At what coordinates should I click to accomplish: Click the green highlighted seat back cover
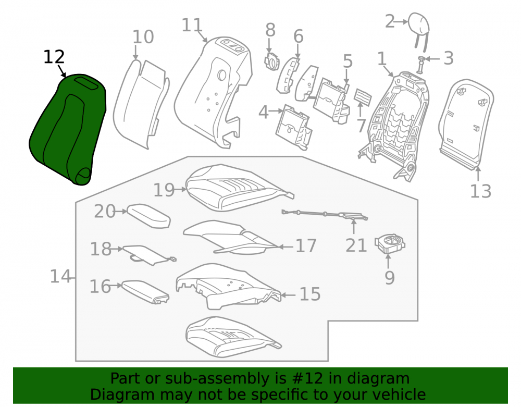(x=67, y=130)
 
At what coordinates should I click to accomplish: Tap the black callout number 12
(x=54, y=57)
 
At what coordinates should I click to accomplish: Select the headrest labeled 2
(x=419, y=30)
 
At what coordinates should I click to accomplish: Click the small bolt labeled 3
(x=421, y=64)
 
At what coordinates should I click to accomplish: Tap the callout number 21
(x=356, y=245)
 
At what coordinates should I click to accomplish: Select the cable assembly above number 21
(x=325, y=215)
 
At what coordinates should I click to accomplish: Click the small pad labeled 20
(x=149, y=216)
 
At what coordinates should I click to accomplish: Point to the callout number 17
(x=306, y=246)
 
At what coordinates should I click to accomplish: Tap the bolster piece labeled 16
(x=145, y=292)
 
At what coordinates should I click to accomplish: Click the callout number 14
(x=60, y=276)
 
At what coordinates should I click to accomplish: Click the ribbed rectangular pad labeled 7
(x=363, y=97)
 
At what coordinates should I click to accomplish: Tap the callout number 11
(x=192, y=25)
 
